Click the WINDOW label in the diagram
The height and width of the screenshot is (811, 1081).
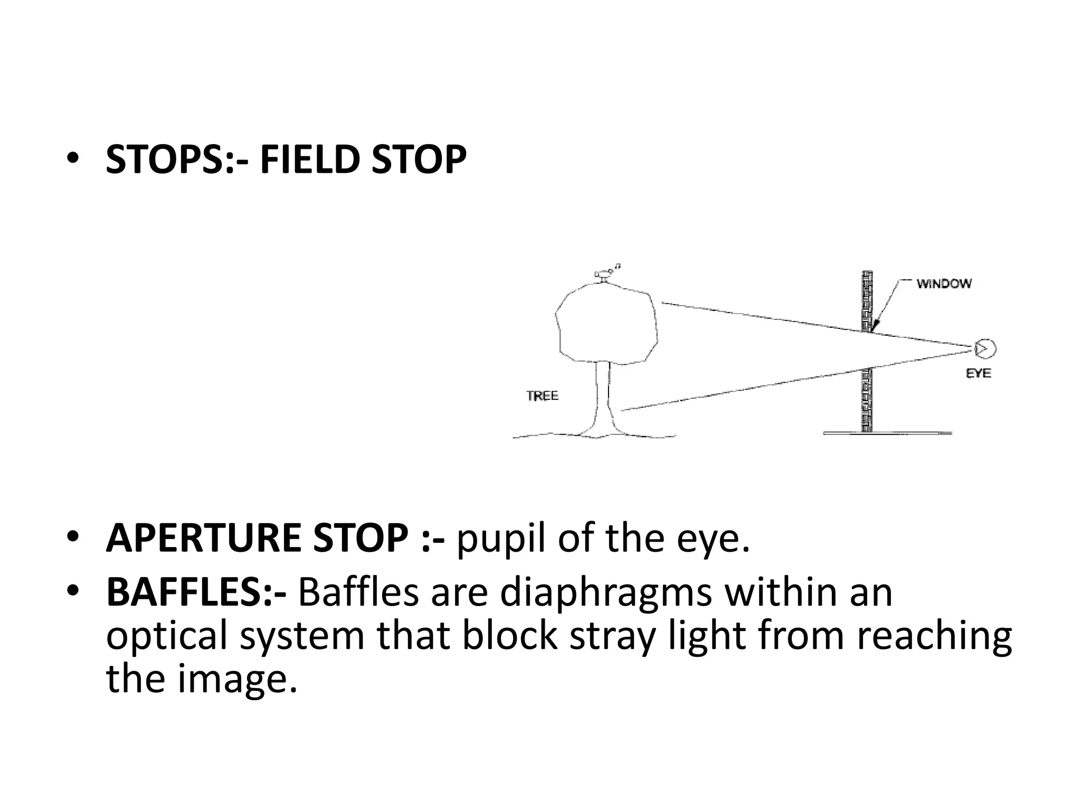click(x=944, y=284)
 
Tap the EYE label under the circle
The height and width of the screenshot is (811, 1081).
click(x=978, y=373)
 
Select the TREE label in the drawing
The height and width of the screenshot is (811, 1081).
click(x=542, y=396)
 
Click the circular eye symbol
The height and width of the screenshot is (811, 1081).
click(x=984, y=348)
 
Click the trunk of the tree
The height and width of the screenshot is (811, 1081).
click(x=603, y=396)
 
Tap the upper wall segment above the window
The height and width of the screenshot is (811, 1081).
click(x=867, y=301)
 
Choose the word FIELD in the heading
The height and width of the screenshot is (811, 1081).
click(x=309, y=159)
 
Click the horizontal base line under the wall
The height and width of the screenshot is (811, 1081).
click(x=887, y=433)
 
